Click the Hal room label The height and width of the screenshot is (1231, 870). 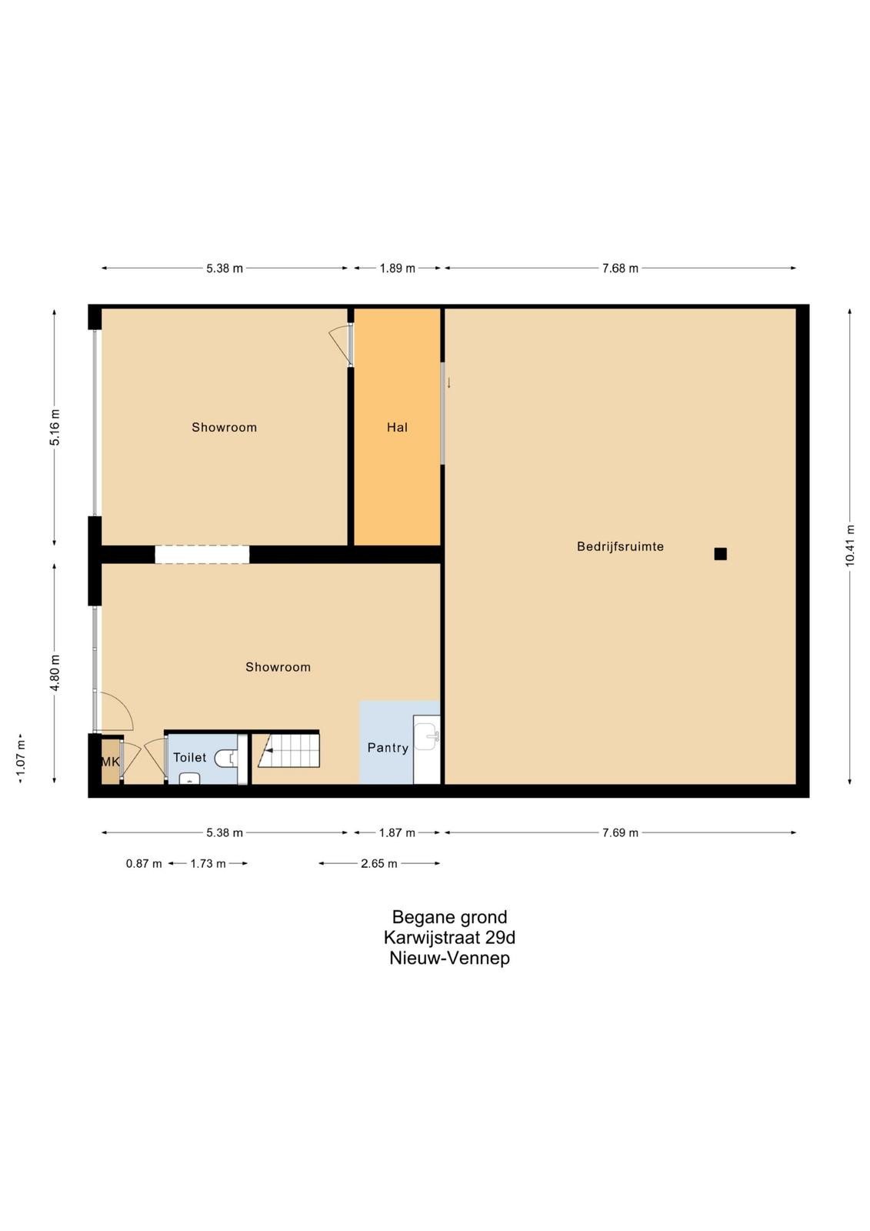coord(397,427)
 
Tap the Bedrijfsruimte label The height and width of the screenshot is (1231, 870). coord(620,546)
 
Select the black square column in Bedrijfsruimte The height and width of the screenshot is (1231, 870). coord(720,554)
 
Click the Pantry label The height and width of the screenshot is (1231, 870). coord(388,747)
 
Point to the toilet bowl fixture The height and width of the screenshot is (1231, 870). coord(225,759)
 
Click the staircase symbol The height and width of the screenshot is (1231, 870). coord(288,750)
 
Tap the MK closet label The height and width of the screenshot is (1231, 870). coord(111,762)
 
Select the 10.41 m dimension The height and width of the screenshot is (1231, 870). coord(850,545)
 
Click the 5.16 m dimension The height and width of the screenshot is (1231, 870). coord(55,428)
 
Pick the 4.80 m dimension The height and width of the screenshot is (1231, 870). coord(55,673)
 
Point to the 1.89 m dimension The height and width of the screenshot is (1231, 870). coord(397,269)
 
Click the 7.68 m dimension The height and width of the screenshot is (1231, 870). coord(620,269)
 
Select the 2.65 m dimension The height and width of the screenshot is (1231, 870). coord(378,863)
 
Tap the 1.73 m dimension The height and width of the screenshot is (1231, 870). coord(208,863)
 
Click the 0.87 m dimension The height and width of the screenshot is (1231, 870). coord(143,863)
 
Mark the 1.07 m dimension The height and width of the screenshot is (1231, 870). coord(21,759)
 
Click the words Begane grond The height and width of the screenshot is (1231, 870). coord(449,917)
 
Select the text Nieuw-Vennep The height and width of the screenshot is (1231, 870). coord(449,958)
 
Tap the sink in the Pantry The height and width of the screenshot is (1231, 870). coord(427,734)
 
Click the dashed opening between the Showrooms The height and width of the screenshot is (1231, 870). coord(202,555)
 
